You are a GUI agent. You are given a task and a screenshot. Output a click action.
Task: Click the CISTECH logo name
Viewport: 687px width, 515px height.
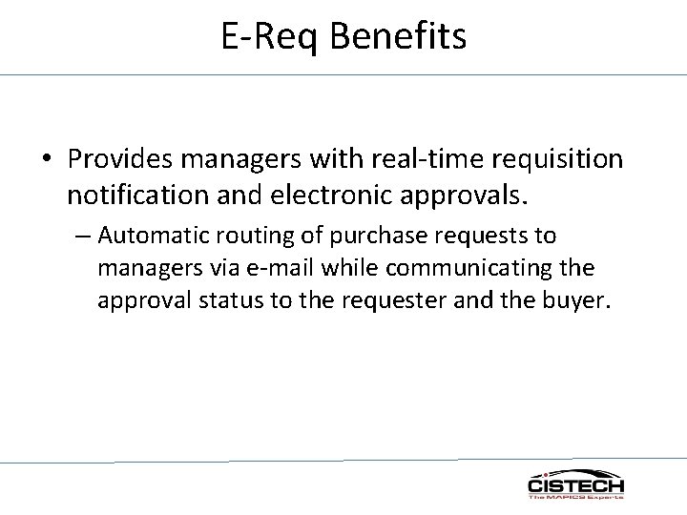click(x=576, y=486)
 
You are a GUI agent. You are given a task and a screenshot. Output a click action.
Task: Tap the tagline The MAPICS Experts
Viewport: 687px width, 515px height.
click(x=576, y=497)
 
